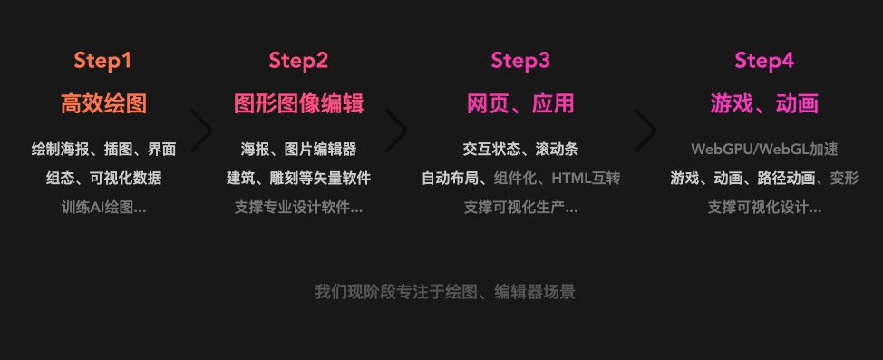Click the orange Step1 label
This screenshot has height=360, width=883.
[x=102, y=60]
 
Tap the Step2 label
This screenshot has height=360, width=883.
[x=298, y=60]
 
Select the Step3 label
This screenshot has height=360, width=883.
[x=520, y=60]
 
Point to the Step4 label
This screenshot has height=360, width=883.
[x=764, y=60]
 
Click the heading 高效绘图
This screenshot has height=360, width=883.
[x=103, y=103]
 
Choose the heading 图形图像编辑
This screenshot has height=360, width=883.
[x=298, y=103]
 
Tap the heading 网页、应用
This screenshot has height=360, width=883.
[x=520, y=103]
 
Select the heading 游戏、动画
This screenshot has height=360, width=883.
[x=764, y=103]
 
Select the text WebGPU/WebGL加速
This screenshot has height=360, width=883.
[x=764, y=149]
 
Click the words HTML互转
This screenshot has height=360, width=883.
[x=586, y=178]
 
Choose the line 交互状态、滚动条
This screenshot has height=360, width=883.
[x=520, y=149]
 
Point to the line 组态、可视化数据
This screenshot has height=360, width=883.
[x=103, y=178]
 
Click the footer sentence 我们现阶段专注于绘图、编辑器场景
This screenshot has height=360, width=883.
[x=445, y=292]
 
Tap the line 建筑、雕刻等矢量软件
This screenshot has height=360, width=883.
[x=298, y=178]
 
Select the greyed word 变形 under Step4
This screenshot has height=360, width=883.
[x=845, y=178]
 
